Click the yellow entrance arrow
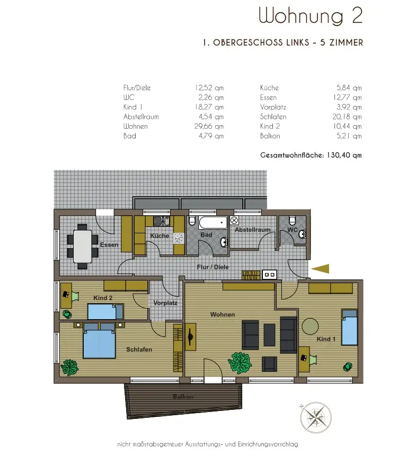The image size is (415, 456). coord(321,269)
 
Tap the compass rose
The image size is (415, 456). coord(316,417)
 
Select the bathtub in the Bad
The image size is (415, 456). coord(213,223)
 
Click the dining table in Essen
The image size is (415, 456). coord(83,247)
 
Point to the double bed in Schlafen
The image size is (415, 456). coord(100,340)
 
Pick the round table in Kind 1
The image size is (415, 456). coord(310,326)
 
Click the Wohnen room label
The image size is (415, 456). coord(223,314)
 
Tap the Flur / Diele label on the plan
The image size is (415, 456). coord(213,267)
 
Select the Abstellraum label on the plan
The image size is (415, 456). coord(252,230)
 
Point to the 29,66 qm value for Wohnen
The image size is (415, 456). coord(209,127)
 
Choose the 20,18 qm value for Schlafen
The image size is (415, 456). coord(347,117)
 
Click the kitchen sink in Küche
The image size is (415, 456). coord(162,221)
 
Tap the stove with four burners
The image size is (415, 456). coord(179,239)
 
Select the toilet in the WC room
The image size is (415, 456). coord(293,221)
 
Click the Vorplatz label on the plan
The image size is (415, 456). coord(165,303)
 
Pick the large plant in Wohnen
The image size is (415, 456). coord(240,363)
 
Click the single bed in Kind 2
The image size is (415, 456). coord(105,311)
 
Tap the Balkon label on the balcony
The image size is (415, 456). coord(183,397)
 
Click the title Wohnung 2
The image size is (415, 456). coord(311,16)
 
